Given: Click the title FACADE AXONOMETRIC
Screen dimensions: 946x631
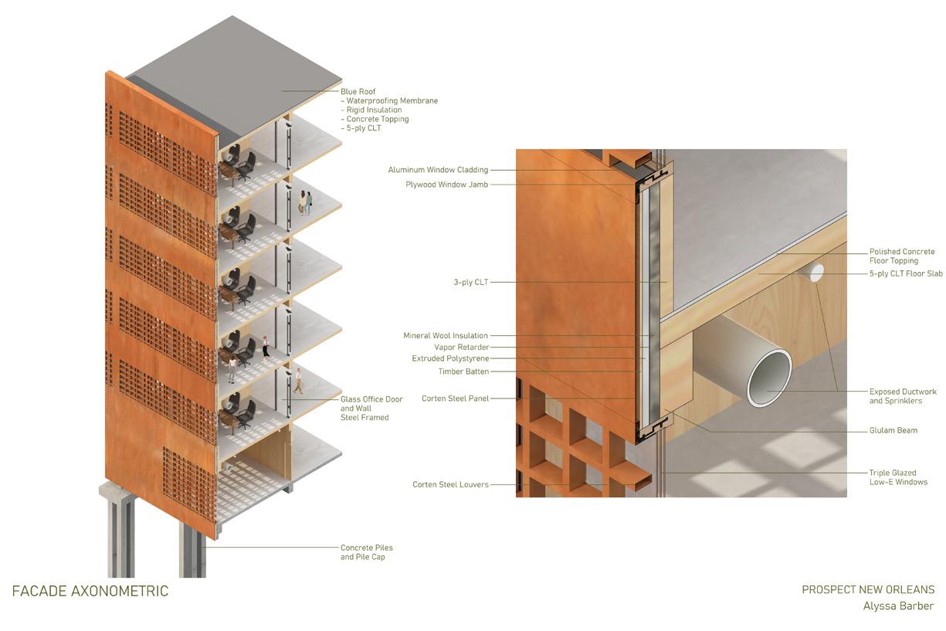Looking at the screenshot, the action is (90, 592).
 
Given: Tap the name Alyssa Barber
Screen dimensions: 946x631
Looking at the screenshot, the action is (898, 606).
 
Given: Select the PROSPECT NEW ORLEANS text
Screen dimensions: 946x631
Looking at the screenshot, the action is (867, 589).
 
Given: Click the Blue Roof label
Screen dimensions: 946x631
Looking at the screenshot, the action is (358, 91).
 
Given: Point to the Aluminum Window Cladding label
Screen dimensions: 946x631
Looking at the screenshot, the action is (438, 170).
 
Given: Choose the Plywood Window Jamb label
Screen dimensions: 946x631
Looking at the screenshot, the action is (446, 185).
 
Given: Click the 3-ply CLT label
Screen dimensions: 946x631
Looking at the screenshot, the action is (470, 283).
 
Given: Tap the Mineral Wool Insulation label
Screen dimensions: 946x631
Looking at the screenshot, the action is (446, 336).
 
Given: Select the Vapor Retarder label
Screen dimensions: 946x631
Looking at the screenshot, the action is (461, 348).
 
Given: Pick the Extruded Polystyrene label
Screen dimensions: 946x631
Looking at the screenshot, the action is (450, 359).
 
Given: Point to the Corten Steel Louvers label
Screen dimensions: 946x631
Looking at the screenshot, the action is (450, 485).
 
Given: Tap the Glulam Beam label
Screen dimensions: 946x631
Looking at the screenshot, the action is (893, 430).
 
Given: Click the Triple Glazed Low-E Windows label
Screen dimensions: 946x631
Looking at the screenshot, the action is (898, 477).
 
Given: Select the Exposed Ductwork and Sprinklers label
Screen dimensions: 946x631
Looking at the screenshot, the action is (902, 396).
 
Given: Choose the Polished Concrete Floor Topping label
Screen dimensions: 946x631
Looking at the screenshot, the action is (902, 256).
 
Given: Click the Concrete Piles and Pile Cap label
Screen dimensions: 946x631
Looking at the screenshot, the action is (367, 552).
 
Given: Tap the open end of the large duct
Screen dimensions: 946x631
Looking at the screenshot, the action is (768, 377).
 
